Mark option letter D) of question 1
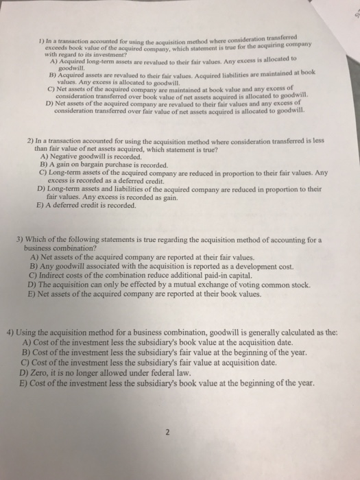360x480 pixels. pyautogui.click(x=48, y=102)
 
